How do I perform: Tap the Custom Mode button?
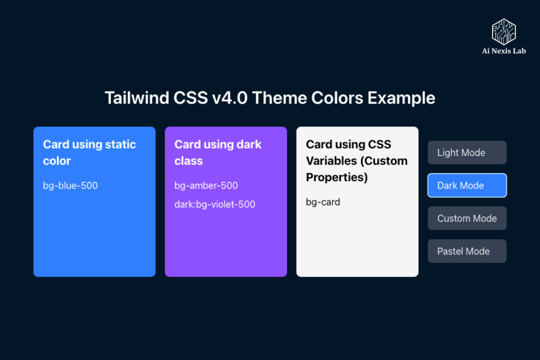(x=467, y=218)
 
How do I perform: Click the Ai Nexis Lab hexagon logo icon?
(x=503, y=31)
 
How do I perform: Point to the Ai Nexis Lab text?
(x=503, y=51)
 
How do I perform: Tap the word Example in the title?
(x=401, y=98)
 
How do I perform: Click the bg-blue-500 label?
(x=70, y=186)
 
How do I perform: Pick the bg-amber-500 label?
(x=206, y=186)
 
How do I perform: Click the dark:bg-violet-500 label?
(x=215, y=204)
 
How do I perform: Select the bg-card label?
(x=323, y=202)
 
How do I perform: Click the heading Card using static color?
(x=89, y=152)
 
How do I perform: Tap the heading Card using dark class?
(x=218, y=152)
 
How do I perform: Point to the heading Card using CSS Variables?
(x=356, y=160)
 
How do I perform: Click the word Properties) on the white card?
(x=337, y=177)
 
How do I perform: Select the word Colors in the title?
(x=338, y=98)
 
